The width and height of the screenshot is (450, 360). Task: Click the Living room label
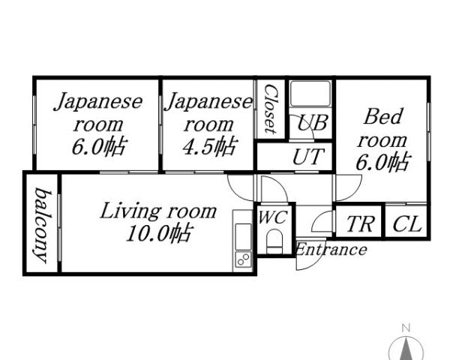click(x=158, y=211)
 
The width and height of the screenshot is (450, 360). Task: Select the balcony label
click(x=42, y=224)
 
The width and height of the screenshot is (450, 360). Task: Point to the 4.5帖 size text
click(x=208, y=145)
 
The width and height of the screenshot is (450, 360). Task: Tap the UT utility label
click(x=308, y=157)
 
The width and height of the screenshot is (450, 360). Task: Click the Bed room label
click(x=382, y=128)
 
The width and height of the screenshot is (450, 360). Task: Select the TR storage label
click(x=360, y=224)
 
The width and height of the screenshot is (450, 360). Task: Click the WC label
click(x=272, y=217)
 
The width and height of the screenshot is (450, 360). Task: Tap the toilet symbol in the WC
click(x=274, y=241)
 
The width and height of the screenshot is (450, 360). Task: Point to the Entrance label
click(x=331, y=250)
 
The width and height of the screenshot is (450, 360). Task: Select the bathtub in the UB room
click(x=310, y=94)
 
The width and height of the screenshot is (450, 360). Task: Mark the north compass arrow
click(x=406, y=349)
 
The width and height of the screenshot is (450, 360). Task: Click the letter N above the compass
click(x=406, y=328)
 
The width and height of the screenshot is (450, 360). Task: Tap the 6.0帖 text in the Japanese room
click(x=97, y=145)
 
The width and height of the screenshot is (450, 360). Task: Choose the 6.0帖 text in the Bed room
click(x=382, y=161)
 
